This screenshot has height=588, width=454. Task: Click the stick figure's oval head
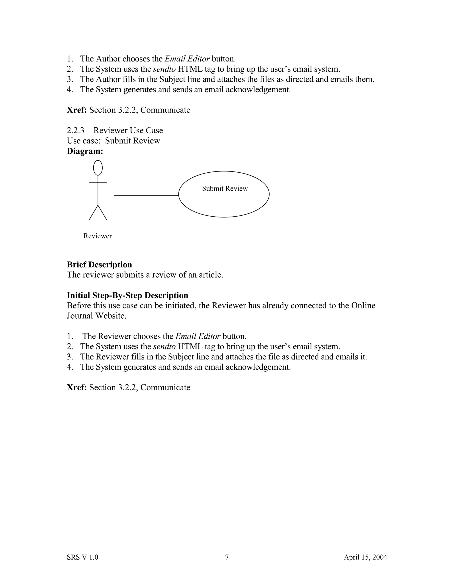coord(98,168)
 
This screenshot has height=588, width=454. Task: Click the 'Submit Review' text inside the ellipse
coord(225,188)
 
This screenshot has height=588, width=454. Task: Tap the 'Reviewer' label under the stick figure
coord(97,236)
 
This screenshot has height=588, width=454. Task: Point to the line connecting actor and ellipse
coord(146,195)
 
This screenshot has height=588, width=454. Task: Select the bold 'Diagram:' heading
coord(85,151)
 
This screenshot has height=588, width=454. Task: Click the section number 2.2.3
coord(75,130)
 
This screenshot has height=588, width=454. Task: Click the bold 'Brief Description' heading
coord(99,265)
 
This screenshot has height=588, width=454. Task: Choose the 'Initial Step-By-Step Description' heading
coord(127,295)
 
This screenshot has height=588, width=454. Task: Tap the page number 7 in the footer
coord(227,557)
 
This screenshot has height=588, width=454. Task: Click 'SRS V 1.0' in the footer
coord(82,557)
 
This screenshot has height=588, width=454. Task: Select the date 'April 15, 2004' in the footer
coord(365,557)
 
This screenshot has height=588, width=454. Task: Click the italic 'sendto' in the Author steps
coord(164,69)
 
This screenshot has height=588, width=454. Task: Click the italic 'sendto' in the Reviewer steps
coord(164,347)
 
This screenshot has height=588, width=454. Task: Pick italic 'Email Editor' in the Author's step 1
coord(187,59)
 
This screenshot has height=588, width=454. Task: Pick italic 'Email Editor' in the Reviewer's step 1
coord(198,336)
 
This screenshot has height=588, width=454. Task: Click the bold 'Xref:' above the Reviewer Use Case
coord(77,110)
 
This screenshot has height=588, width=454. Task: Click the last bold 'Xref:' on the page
coord(77,387)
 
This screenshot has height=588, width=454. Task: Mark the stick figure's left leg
coord(93,213)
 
